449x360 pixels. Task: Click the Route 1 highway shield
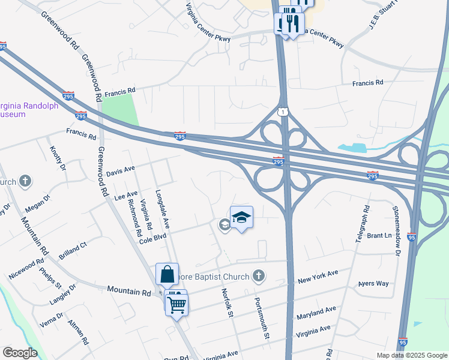point(282,112)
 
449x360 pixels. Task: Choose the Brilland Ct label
point(73,251)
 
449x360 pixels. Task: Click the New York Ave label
point(318,277)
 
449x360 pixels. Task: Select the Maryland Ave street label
point(316,313)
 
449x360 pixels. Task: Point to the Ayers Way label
point(373,283)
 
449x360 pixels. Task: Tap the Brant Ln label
point(379,236)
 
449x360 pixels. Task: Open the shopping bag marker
point(167,274)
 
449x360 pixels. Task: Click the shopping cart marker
point(177,305)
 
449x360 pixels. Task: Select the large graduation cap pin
point(241,217)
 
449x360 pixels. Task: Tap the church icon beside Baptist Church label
point(258,276)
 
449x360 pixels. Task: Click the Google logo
point(20,353)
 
